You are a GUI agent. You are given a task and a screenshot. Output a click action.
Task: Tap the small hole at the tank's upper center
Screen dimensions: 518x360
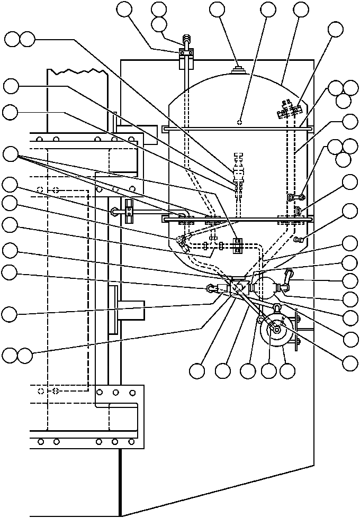(x=240, y=121)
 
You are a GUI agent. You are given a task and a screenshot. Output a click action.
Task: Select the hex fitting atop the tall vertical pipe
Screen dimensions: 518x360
(x=186, y=39)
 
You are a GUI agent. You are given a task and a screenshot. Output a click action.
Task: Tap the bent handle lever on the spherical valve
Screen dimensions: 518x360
(x=289, y=275)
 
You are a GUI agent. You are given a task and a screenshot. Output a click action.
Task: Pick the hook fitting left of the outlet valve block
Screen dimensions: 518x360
(x=209, y=288)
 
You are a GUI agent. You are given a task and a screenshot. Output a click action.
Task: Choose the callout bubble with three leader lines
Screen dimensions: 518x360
(x=10, y=154)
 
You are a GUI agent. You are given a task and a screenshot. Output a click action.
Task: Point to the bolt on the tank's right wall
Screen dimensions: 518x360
(x=294, y=198)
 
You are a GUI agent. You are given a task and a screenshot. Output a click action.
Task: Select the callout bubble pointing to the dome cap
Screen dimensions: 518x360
(x=217, y=9)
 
